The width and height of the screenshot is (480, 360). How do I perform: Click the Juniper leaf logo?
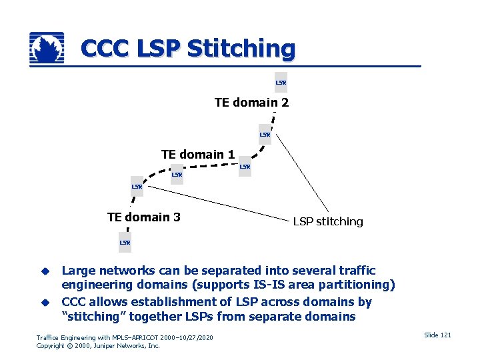(47, 49)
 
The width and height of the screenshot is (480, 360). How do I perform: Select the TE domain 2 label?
(251, 103)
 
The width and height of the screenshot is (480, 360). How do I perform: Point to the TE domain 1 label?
(198, 155)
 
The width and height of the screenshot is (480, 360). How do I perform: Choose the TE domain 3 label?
(143, 217)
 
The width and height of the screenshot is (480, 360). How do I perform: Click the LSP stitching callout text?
(328, 221)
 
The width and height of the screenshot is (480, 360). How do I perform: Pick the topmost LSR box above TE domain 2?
(281, 83)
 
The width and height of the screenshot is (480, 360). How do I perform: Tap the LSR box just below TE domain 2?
(265, 135)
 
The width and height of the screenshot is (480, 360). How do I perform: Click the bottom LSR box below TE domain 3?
(125, 243)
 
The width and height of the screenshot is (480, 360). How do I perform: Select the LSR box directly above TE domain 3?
(137, 187)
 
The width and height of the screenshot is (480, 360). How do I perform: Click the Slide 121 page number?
(437, 335)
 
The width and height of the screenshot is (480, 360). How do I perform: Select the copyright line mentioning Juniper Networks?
(98, 346)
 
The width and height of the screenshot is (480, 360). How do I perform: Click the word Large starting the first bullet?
(78, 271)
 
